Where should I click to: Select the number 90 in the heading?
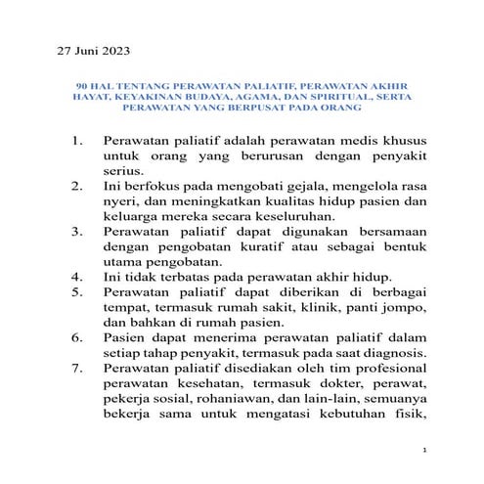coord(82,85)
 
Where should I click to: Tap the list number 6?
coord(79,335)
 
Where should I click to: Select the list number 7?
coord(79,370)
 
